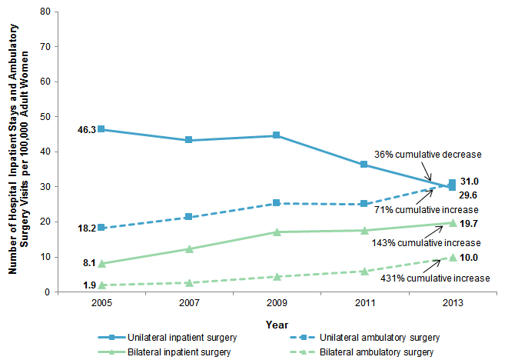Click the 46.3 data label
[x=85, y=130]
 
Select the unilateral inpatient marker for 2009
[x=277, y=135]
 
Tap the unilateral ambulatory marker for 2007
[x=189, y=217]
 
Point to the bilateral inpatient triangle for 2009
[x=277, y=232]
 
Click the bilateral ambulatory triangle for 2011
[x=364, y=271]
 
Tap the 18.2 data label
[x=85, y=228]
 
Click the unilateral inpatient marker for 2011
[x=364, y=165]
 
